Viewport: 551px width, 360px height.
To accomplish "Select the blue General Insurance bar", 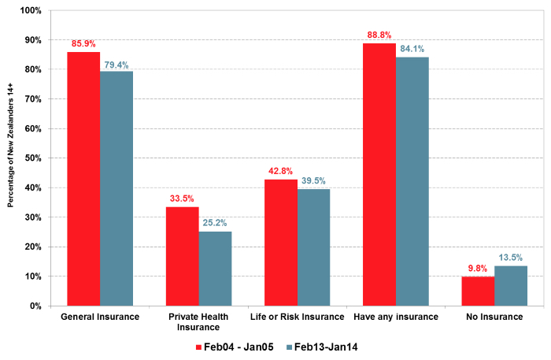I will tap(116, 188).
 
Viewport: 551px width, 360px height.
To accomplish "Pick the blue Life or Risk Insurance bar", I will tap(313, 247).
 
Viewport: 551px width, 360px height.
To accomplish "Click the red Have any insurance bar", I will tap(379, 174).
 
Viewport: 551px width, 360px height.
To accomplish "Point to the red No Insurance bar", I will tap(478, 291).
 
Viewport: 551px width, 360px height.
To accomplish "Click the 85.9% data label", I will tap(83, 44).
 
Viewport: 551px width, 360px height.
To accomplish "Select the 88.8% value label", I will tap(379, 35).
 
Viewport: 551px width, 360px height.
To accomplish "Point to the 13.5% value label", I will tap(511, 258).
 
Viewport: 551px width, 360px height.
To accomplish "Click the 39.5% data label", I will tap(313, 181).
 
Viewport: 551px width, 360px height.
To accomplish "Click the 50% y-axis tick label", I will tap(32, 158).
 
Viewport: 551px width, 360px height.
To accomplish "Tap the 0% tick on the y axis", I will tap(35, 306).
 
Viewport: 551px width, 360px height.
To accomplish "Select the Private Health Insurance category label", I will tap(198, 321).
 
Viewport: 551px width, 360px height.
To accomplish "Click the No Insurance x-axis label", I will tap(494, 317).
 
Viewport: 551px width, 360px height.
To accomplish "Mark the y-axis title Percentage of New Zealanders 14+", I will tap(11, 158).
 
